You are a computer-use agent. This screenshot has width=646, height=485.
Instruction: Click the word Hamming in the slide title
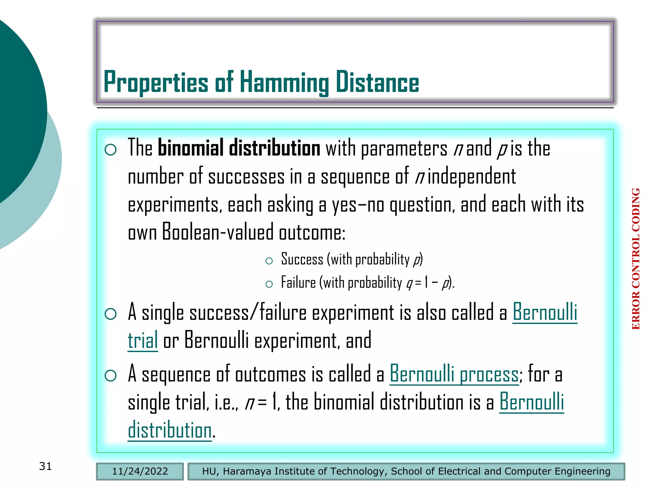tap(284, 82)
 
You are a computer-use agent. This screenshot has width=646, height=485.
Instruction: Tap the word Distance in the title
tap(377, 82)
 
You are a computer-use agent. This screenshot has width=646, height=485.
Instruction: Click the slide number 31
tap(45, 466)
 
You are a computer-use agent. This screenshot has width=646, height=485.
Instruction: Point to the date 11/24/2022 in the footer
tap(140, 471)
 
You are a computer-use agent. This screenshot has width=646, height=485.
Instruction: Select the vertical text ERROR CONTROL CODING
tap(636, 259)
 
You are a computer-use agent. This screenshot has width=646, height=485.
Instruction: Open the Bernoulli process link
tap(454, 374)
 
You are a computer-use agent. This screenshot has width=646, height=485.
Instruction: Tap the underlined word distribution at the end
tap(170, 430)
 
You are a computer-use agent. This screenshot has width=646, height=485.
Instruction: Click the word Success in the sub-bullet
tap(302, 260)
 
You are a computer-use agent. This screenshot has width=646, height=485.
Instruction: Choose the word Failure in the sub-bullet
tap(298, 283)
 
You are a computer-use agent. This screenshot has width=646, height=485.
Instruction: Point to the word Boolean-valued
tap(218, 232)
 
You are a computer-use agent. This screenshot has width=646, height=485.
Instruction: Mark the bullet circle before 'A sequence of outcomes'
tap(111, 375)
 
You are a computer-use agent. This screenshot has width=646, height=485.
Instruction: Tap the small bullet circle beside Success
tap(269, 261)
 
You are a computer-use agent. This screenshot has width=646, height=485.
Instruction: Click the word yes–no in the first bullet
tap(358, 205)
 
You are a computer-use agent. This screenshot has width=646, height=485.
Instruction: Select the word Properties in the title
tap(156, 82)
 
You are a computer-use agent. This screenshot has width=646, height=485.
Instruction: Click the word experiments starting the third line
tap(173, 205)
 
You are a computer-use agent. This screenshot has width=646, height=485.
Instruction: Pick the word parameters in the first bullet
tap(404, 148)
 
